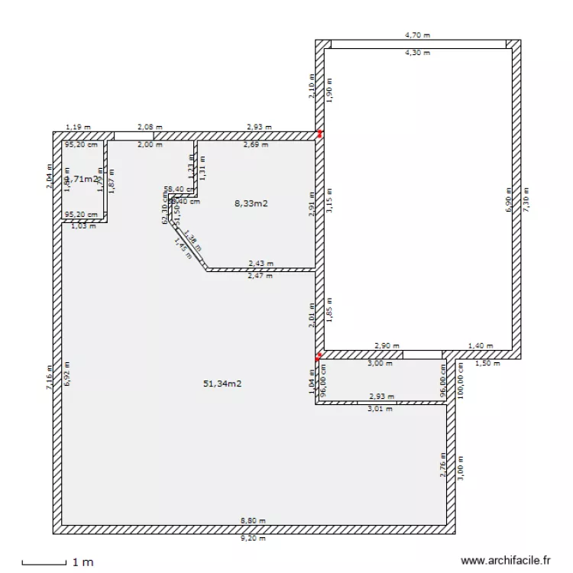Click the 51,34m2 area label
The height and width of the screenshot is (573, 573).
tap(222, 384)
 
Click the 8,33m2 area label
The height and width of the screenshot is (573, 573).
tap(253, 203)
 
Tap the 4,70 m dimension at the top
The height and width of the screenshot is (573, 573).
tap(417, 34)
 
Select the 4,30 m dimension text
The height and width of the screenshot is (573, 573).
tap(417, 53)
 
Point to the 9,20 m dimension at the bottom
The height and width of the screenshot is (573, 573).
tap(253, 539)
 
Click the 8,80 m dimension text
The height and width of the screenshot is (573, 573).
tap(253, 521)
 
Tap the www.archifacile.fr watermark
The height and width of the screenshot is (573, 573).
tap(506, 560)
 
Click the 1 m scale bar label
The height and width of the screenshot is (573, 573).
tap(83, 562)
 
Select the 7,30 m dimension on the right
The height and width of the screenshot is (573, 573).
tap(526, 202)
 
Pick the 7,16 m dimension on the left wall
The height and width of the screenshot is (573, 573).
tap(48, 377)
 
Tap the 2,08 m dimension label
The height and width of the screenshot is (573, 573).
tap(150, 127)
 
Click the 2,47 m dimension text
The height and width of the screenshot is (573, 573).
tap(261, 275)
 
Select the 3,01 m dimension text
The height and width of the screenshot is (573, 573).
tap(380, 409)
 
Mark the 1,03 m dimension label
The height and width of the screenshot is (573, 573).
tap(83, 226)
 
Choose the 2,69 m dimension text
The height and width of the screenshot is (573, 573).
tap(256, 144)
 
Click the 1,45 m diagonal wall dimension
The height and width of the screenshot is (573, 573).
tap(183, 250)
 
